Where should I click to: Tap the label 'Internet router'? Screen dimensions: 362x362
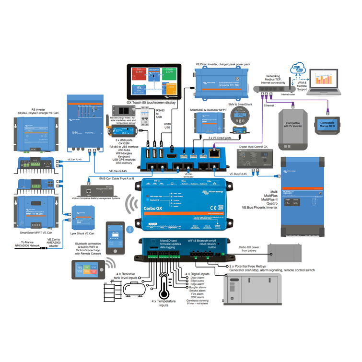288,94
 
